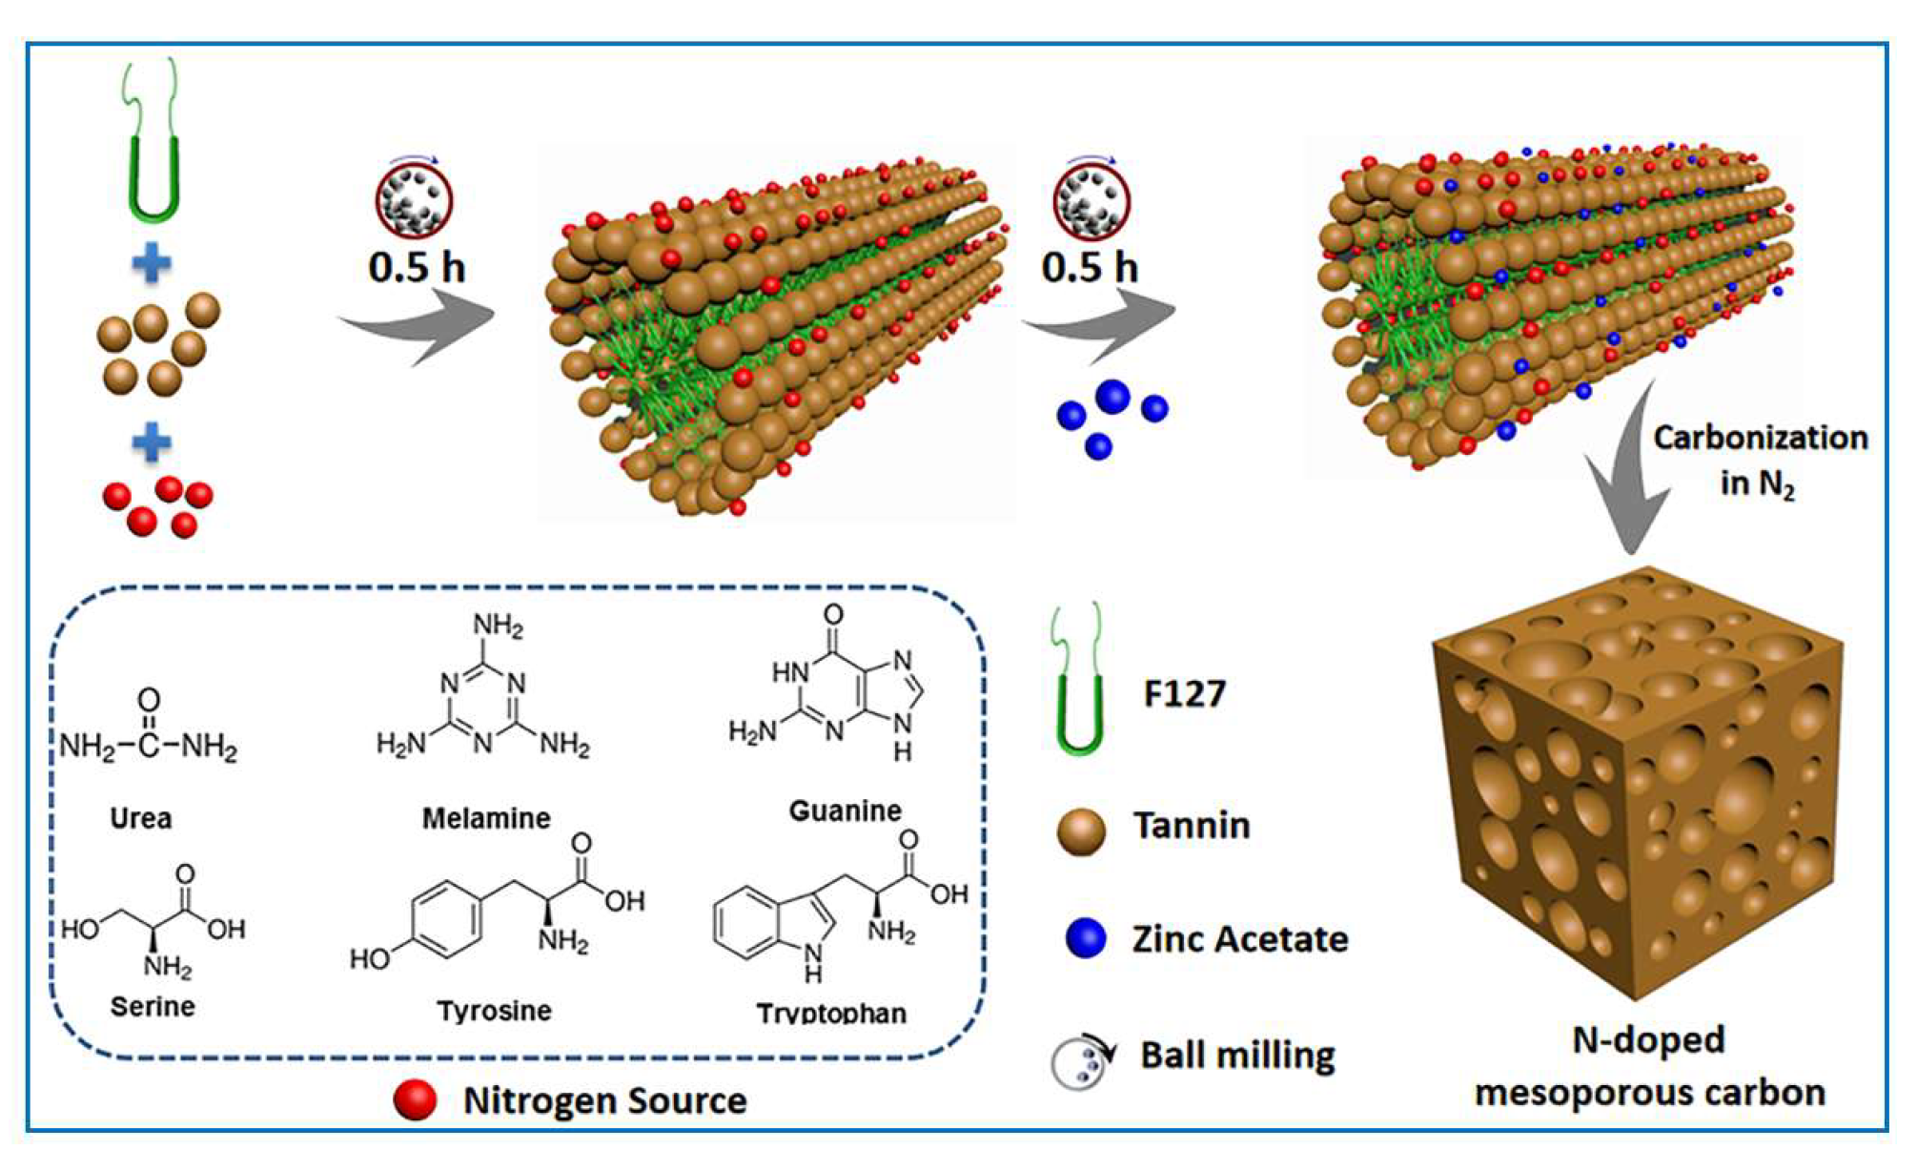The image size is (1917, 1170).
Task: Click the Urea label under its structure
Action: pyautogui.click(x=141, y=818)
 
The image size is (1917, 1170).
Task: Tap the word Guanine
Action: pyautogui.click(x=845, y=811)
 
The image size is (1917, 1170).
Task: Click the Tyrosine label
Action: pyautogui.click(x=494, y=1010)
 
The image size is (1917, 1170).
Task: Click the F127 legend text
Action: pyautogui.click(x=1184, y=693)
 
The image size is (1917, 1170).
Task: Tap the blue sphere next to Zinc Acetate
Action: pyautogui.click(x=1086, y=938)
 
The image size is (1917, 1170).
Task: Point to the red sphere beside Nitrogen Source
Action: pyautogui.click(x=416, y=1100)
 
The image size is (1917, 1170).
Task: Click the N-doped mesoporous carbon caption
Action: pyautogui.click(x=1649, y=1066)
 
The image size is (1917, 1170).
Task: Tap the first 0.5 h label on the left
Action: pyautogui.click(x=417, y=267)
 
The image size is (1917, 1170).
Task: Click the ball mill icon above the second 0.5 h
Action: pyautogui.click(x=1091, y=199)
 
